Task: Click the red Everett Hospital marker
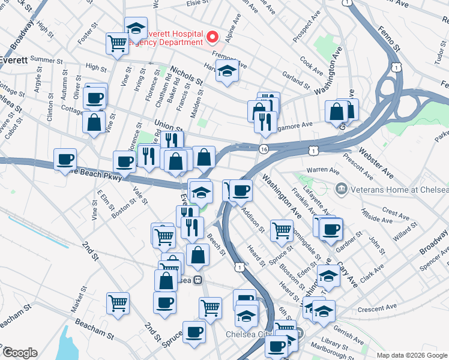212,38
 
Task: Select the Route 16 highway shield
264,148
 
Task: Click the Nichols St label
185,76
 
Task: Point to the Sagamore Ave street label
295,125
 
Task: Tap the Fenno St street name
388,38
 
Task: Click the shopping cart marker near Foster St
118,43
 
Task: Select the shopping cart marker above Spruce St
282,230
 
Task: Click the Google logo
20,353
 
